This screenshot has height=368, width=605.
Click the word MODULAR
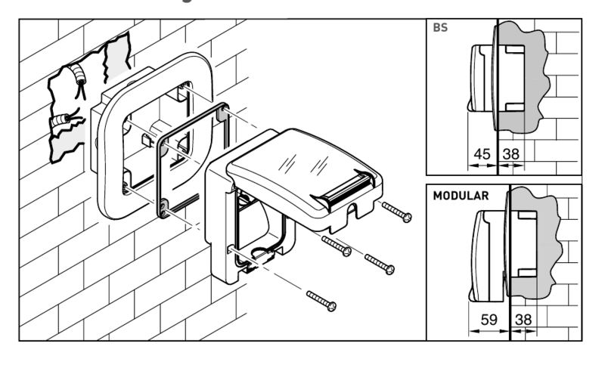[x=460, y=195]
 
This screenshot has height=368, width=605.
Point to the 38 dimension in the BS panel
[x=511, y=154]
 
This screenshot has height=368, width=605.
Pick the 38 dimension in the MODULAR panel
[x=523, y=320]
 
